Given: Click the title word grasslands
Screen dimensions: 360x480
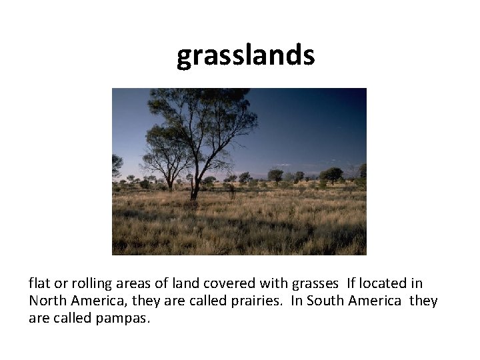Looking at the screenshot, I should pyautogui.click(x=245, y=56).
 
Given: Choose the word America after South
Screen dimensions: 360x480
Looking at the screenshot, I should pyautogui.click(x=377, y=301).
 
